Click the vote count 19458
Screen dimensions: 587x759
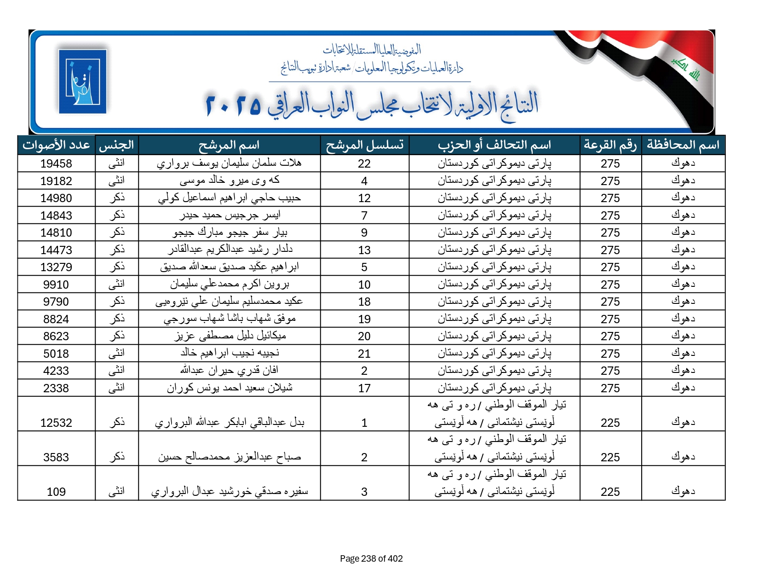pyautogui.click(x=56, y=163)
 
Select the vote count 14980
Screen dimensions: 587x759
pyautogui.click(x=56, y=198)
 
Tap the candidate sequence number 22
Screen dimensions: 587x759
pyautogui.click(x=364, y=163)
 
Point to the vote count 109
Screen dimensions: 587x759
pyautogui.click(x=56, y=492)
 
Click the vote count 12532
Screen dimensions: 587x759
pyautogui.click(x=56, y=423)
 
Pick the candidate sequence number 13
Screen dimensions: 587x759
pyautogui.click(x=364, y=250)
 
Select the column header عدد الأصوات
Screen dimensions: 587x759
pyautogui.click(x=56, y=145)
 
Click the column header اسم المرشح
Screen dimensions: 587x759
pyautogui.click(x=229, y=145)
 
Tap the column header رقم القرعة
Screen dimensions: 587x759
pyautogui.click(x=610, y=145)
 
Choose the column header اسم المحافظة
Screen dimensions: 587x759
pyautogui.click(x=683, y=145)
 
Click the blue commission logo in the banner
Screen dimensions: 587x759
pyautogui.click(x=82, y=81)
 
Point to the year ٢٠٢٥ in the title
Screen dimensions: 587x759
pyautogui.click(x=233, y=105)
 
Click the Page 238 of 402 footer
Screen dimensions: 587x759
pyautogui.click(x=371, y=558)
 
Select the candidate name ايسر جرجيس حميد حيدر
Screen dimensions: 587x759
pyautogui.click(x=229, y=215)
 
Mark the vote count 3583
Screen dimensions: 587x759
pyautogui.click(x=56, y=457)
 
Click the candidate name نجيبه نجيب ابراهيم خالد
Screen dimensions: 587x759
pyautogui.click(x=229, y=353)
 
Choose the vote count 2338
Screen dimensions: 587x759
pyautogui.click(x=56, y=388)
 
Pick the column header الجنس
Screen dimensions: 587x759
pyautogui.click(x=116, y=145)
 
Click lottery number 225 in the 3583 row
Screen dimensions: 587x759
pyautogui.click(x=610, y=457)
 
